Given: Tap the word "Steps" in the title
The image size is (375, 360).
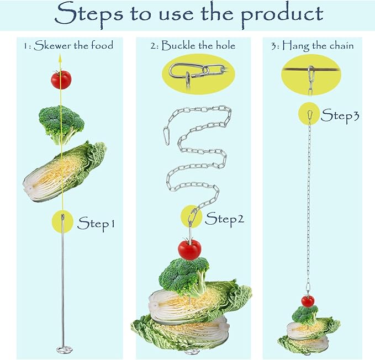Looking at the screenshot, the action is [89, 14].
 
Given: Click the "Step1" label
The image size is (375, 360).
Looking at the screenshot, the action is [96, 224].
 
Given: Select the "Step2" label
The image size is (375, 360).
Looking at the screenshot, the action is [224, 219].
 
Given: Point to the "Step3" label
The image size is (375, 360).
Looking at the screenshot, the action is [340, 116].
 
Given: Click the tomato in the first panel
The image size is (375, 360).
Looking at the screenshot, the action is [61, 80].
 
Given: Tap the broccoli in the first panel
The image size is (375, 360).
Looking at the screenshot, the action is [61, 125].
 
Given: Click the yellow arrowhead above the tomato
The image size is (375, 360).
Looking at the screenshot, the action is [60, 59].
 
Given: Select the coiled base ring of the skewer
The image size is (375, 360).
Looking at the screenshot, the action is [64, 350].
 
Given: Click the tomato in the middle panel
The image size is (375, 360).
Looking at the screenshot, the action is [189, 250].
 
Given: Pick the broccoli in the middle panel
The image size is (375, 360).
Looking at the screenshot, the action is [184, 277].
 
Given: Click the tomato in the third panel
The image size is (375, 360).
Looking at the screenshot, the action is [308, 301].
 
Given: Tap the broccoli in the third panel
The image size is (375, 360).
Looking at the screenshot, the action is [305, 315].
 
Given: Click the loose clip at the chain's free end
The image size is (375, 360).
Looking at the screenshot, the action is [166, 137].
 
